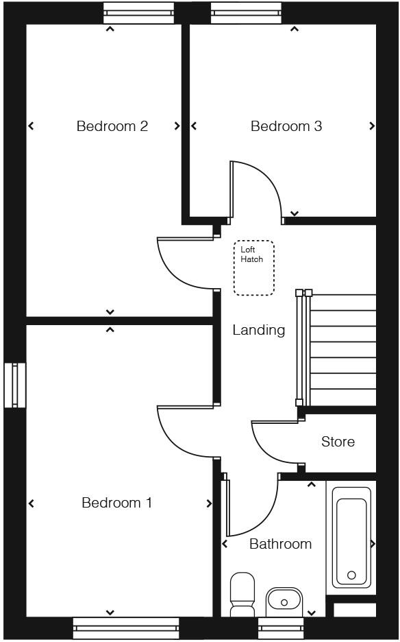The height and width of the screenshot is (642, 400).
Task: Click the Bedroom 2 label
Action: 112,126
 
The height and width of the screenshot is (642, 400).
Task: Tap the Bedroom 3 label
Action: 286,126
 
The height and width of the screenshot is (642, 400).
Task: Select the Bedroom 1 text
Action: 116,503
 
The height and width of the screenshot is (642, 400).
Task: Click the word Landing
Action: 258,330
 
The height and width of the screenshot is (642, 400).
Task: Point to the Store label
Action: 338,442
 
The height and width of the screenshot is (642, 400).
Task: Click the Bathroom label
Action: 280,544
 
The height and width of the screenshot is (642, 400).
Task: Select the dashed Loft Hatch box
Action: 254,268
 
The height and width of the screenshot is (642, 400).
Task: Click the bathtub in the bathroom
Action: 351,538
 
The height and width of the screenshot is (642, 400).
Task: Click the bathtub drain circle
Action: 351,575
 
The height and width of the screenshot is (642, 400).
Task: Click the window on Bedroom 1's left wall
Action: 14,385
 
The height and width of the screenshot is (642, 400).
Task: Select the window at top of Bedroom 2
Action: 138,12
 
